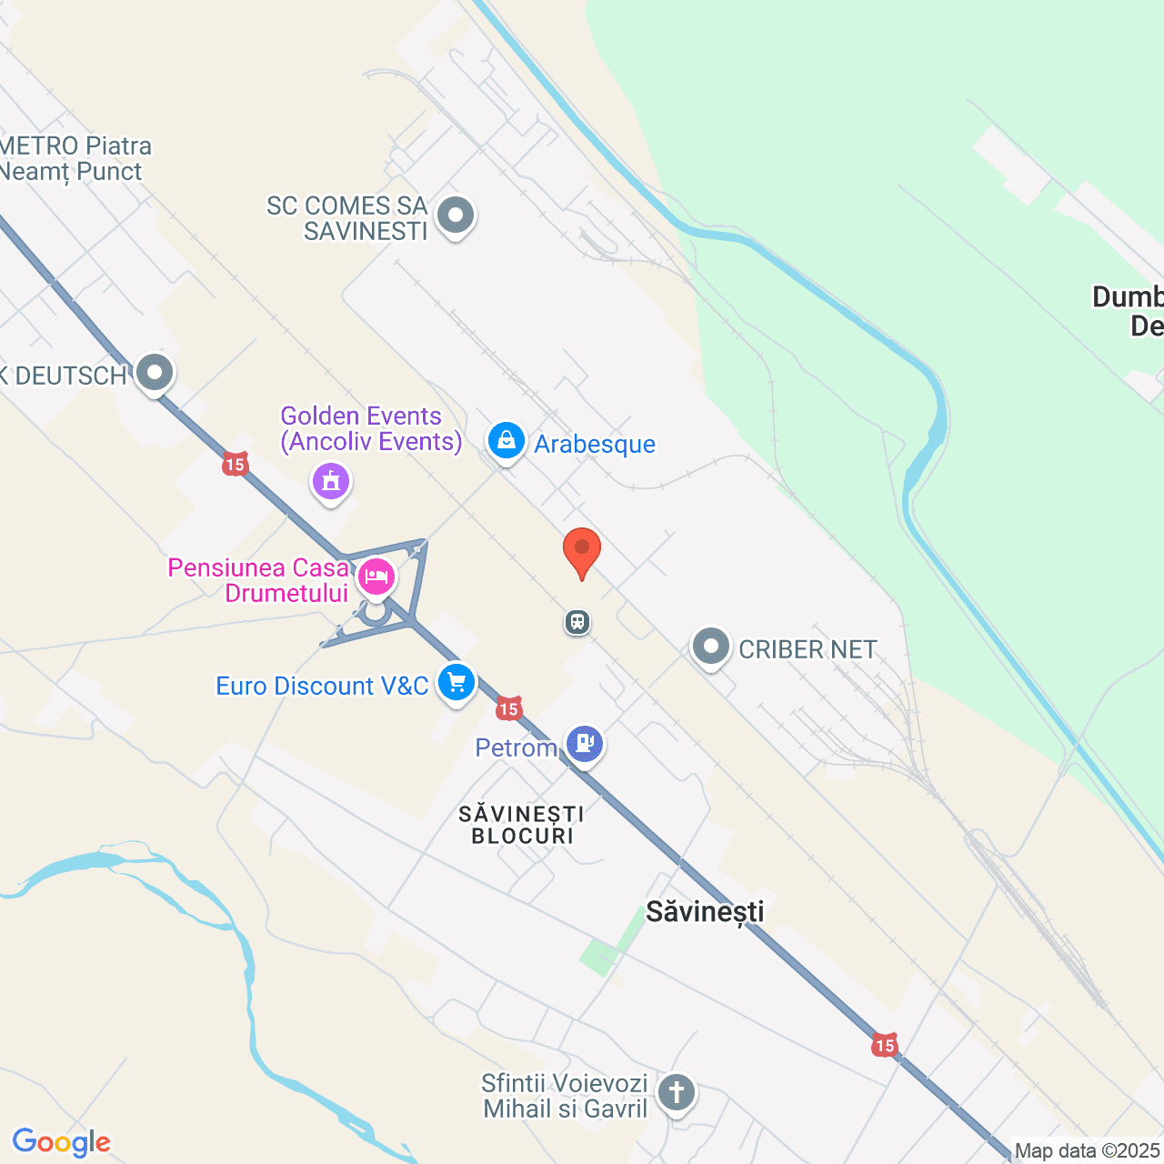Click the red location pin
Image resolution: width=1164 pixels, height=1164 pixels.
click(582, 551)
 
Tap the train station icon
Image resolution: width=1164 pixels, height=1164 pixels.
click(577, 622)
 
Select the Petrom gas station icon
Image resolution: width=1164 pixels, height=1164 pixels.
click(585, 744)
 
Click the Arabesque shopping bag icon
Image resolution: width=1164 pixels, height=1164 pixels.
click(506, 441)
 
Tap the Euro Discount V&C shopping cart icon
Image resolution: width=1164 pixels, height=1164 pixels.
click(457, 682)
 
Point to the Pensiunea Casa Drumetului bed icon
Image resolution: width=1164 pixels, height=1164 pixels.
click(376, 577)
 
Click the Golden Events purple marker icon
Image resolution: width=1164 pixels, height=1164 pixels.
click(331, 480)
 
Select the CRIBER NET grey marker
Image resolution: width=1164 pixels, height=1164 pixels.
click(711, 647)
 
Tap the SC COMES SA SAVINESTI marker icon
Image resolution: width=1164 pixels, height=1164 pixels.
click(456, 216)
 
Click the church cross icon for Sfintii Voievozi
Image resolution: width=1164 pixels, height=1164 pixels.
click(676, 1091)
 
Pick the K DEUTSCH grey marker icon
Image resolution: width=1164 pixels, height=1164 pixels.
click(156, 373)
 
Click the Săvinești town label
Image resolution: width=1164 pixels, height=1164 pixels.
click(705, 912)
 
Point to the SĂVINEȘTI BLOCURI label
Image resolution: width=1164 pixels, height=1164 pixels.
click(522, 824)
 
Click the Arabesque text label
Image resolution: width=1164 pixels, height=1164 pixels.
click(595, 444)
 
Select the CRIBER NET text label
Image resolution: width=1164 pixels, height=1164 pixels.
click(808, 649)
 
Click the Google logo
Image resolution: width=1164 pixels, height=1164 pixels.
click(61, 1142)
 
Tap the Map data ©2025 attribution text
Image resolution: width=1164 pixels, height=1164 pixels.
click(1087, 1151)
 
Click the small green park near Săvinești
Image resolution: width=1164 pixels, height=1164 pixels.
click(601, 955)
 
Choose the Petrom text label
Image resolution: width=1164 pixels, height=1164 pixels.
click(516, 748)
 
